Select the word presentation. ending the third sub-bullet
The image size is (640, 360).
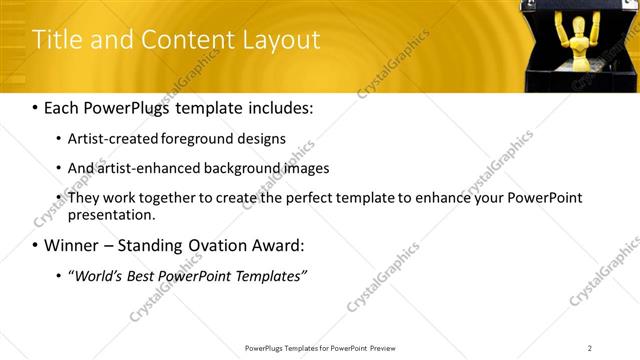(x=112, y=215)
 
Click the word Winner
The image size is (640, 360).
(x=71, y=245)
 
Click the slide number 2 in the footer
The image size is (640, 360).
(x=590, y=348)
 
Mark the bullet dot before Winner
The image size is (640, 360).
(x=36, y=246)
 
